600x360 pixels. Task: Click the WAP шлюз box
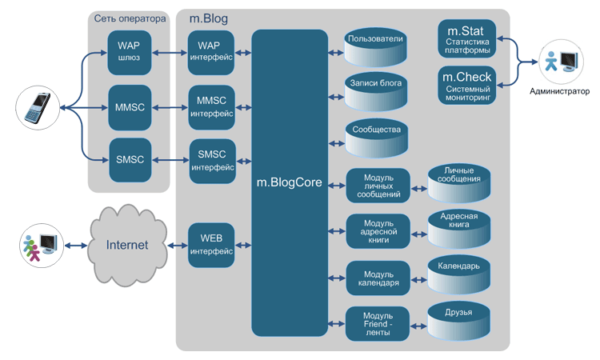[129, 52]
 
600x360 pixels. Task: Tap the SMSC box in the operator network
[129, 159]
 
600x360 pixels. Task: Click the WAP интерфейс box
[211, 52]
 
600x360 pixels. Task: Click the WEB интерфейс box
[211, 245]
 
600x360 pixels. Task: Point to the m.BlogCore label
[289, 182]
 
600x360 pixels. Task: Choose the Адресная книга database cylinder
[459, 228]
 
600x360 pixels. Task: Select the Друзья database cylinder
[459, 320]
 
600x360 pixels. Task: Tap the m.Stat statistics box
[467, 39]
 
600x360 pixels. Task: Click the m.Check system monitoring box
[467, 86]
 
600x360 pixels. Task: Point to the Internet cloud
[128, 245]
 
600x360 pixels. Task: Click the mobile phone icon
[37, 107]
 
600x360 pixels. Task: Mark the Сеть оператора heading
[129, 17]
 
